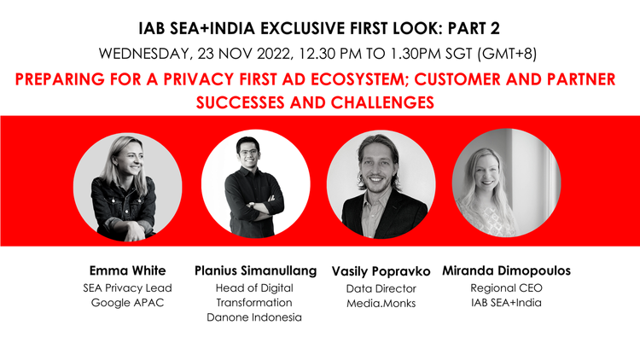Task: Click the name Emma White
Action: pos(127,270)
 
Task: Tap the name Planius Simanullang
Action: pos(255,270)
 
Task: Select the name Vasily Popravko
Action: pos(381,271)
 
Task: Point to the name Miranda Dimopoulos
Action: pos(507,270)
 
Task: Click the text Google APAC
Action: pos(127,303)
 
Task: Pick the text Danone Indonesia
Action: pos(254,317)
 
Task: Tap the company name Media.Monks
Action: pos(381,303)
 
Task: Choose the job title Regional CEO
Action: pos(507,288)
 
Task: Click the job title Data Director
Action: pos(381,288)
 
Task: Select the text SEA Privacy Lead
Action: pos(127,288)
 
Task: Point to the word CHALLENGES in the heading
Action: pos(382,102)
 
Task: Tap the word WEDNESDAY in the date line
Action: pos(145,54)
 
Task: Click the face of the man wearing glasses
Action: pos(247,152)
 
